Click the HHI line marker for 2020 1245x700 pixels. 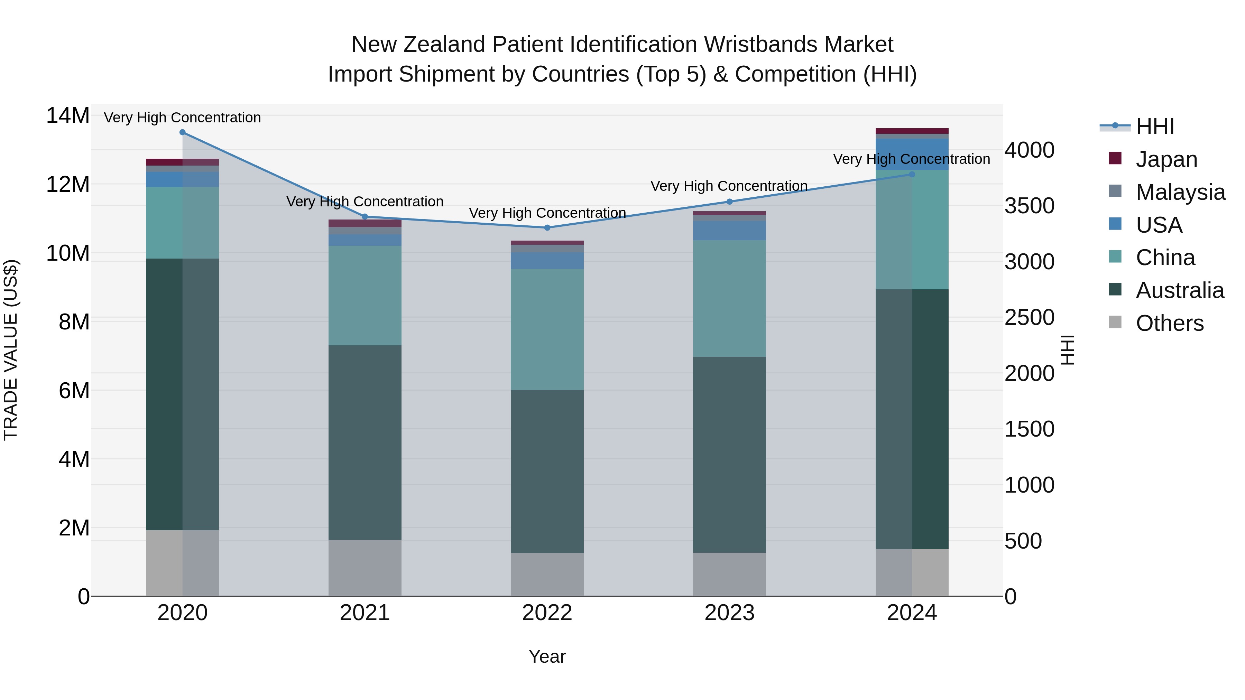[x=182, y=132]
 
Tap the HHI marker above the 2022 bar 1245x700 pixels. [x=547, y=227]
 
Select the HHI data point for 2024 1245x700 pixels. [x=912, y=175]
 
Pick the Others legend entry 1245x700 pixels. [x=1169, y=323]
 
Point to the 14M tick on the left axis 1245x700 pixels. [x=68, y=116]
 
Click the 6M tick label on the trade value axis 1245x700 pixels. [x=74, y=390]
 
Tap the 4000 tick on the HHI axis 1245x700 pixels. [x=1030, y=150]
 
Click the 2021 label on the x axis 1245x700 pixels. [x=365, y=613]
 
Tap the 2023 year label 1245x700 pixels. [x=729, y=613]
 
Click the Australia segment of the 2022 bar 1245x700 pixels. [x=547, y=471]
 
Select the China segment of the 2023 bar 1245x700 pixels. [x=729, y=299]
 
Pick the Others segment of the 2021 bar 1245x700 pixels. [x=365, y=568]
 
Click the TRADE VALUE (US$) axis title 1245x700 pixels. [x=11, y=350]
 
